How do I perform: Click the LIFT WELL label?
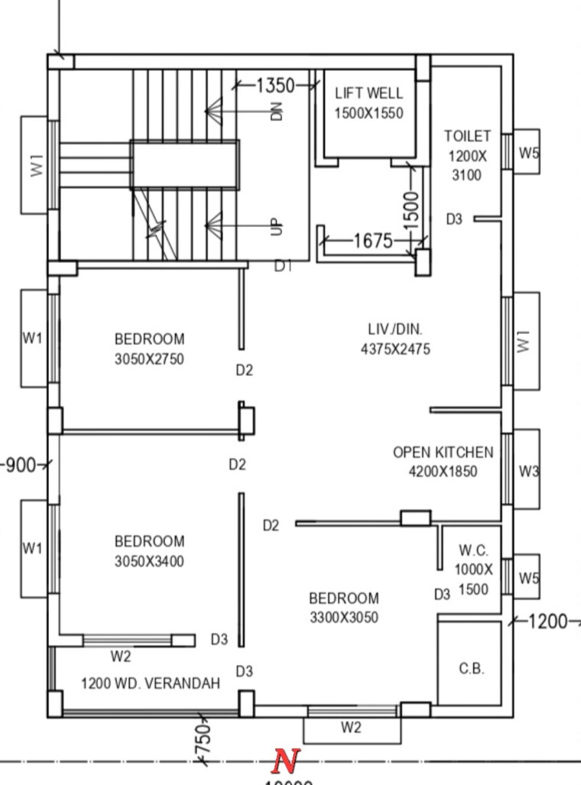[368, 94]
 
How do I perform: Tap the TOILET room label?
[467, 136]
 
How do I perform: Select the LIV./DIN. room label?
[394, 329]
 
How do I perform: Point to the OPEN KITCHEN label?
[443, 453]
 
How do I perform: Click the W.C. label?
[473, 550]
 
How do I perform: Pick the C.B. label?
[471, 668]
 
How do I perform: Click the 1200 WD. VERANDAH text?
[151, 683]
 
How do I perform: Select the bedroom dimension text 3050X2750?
[149, 359]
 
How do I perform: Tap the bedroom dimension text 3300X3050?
[343, 618]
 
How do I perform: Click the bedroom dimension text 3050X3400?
[149, 562]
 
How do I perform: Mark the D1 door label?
[284, 266]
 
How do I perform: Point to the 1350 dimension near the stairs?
[274, 85]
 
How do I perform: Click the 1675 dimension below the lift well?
[373, 242]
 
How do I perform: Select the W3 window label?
[528, 472]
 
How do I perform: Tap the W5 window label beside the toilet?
[528, 152]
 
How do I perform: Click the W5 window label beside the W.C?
[528, 579]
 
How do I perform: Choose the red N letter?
[286, 761]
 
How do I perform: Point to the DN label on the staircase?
[277, 112]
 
